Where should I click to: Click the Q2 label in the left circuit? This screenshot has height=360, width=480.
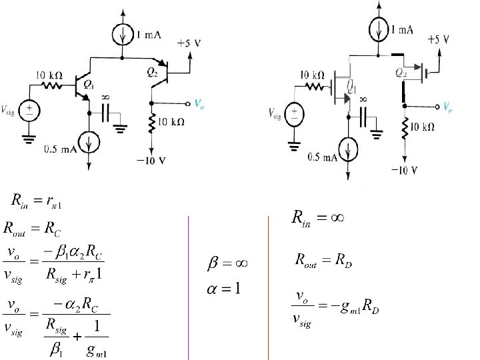(152, 73)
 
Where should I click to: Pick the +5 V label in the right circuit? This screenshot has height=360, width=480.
(437, 39)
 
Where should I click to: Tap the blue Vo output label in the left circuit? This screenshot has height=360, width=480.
(199, 103)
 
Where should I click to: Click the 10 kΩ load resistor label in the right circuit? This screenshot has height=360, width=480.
(423, 127)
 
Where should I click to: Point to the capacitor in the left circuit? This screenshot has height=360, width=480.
(105, 113)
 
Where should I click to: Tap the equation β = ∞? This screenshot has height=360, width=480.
(228, 264)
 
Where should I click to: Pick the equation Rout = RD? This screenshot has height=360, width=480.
(323, 261)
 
